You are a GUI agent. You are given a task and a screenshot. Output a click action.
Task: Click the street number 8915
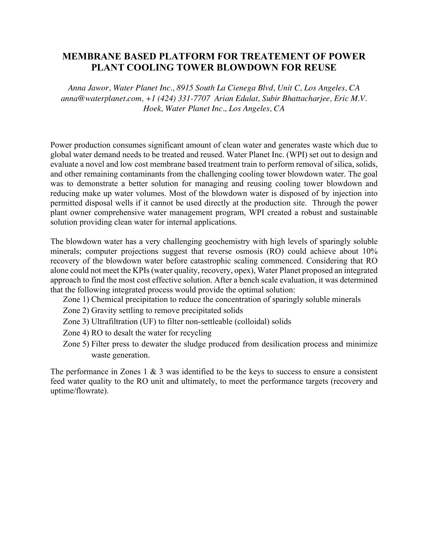click(185, 88)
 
